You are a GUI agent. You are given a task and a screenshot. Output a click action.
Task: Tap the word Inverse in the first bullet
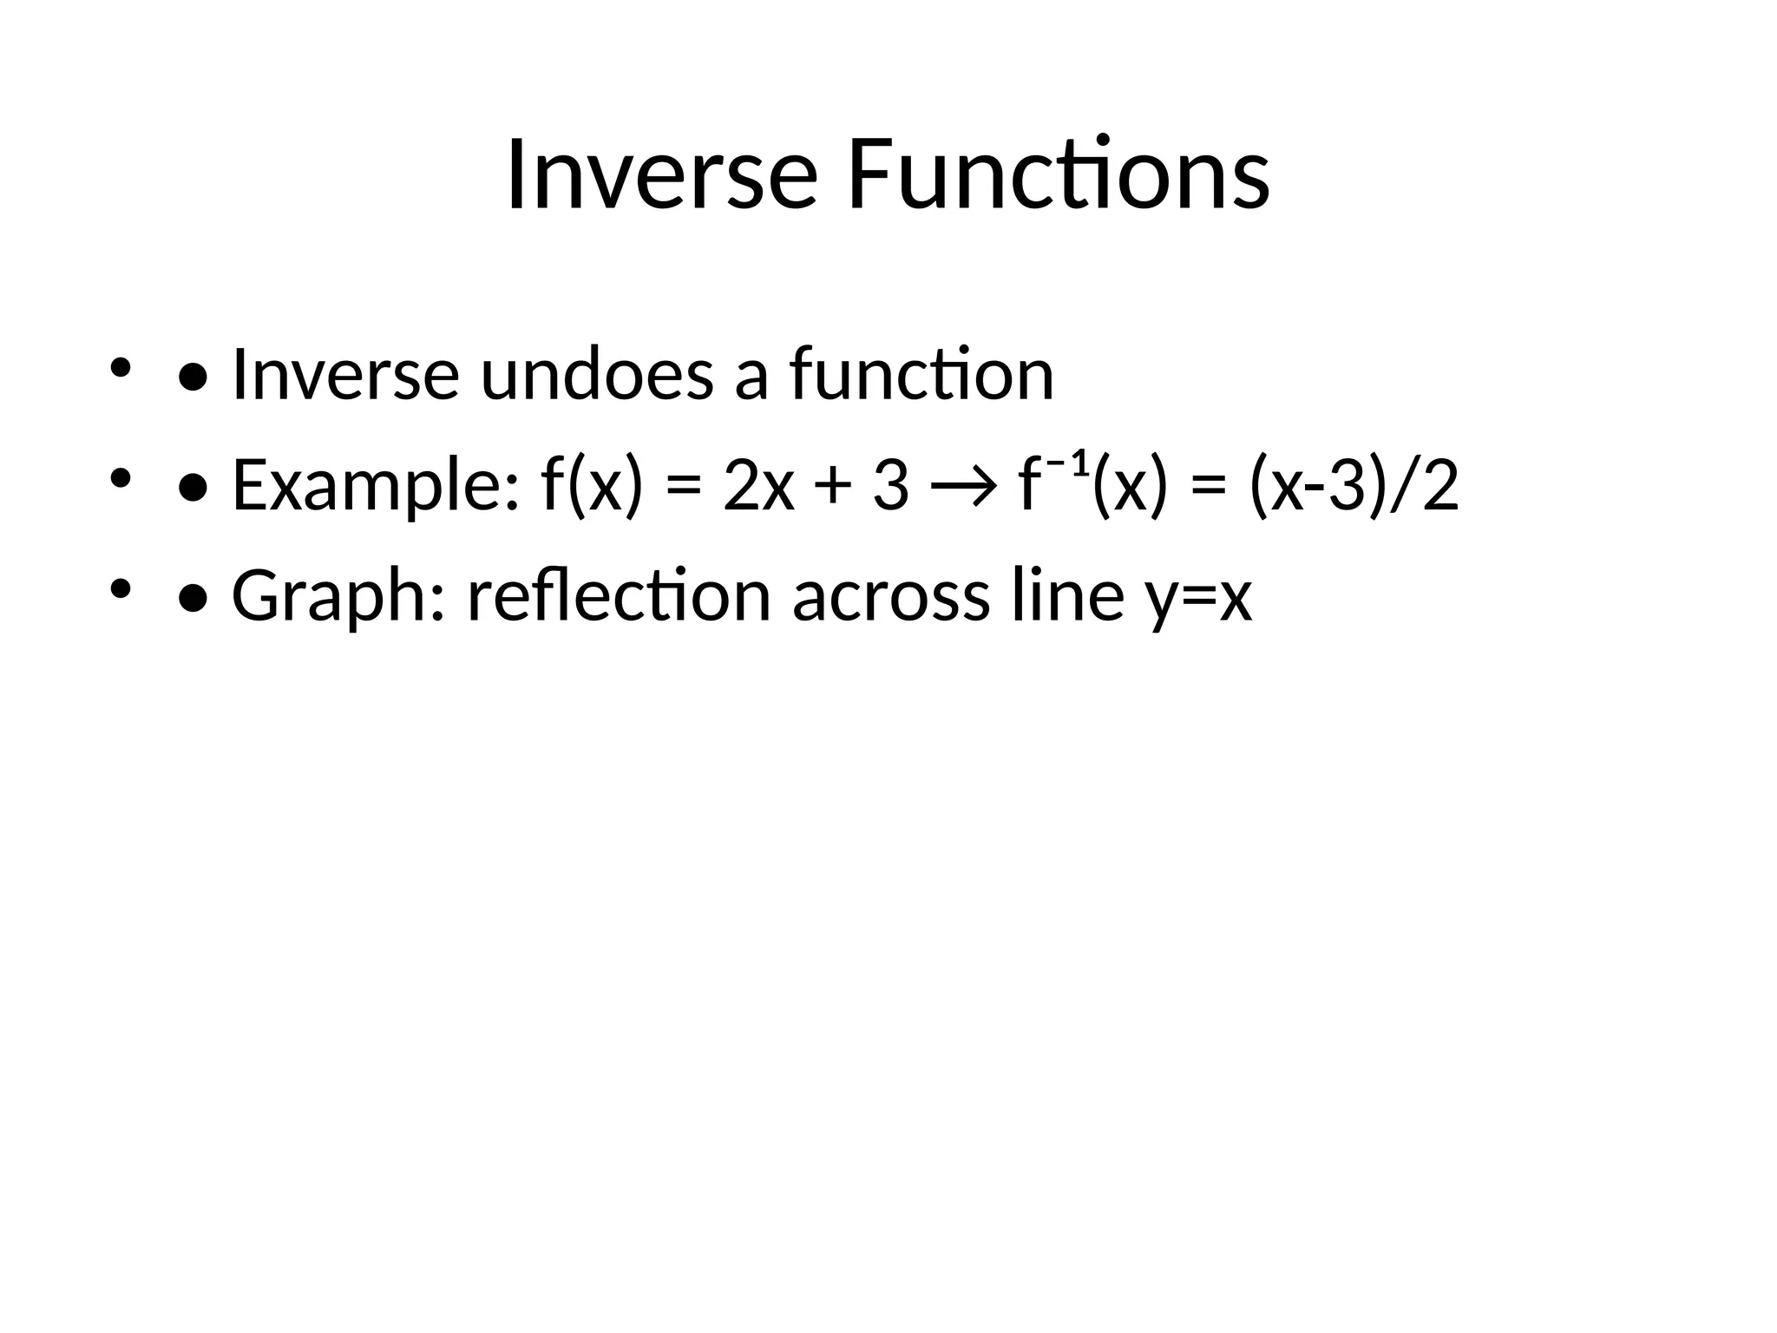click(x=345, y=374)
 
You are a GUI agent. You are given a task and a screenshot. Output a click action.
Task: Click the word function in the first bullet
click(x=921, y=374)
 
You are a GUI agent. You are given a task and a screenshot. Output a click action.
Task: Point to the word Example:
click(x=376, y=486)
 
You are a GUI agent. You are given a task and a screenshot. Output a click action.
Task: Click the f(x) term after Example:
click(x=592, y=486)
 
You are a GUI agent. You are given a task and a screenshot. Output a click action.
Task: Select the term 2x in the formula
click(x=758, y=486)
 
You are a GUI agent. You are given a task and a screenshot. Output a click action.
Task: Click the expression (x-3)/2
click(x=1354, y=486)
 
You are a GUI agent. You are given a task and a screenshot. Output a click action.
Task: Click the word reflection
click(x=619, y=597)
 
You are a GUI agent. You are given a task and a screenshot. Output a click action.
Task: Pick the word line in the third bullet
click(x=1068, y=597)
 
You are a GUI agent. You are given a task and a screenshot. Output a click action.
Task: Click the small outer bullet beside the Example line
click(x=120, y=478)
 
